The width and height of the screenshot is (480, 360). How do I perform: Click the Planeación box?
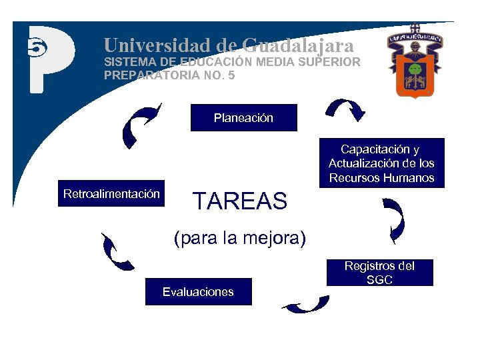tap(243, 118)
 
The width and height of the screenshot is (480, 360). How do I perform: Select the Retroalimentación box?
tap(111, 194)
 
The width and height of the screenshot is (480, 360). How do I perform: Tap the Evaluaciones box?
tap(198, 291)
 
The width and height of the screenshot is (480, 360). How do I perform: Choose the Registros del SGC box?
tap(379, 273)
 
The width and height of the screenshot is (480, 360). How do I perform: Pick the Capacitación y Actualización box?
tap(381, 163)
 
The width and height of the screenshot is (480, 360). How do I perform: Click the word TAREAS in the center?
tap(239, 201)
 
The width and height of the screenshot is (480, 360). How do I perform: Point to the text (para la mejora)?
tap(239, 238)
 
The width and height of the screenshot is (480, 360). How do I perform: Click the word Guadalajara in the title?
tap(297, 45)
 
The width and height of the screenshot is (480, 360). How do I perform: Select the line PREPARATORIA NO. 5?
tap(169, 75)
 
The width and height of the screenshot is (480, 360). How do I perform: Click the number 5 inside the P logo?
tap(35, 47)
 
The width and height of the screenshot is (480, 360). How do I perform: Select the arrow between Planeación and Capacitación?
tap(346, 109)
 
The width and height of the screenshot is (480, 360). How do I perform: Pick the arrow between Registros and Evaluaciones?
tap(306, 304)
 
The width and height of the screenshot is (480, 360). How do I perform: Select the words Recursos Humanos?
tap(381, 178)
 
